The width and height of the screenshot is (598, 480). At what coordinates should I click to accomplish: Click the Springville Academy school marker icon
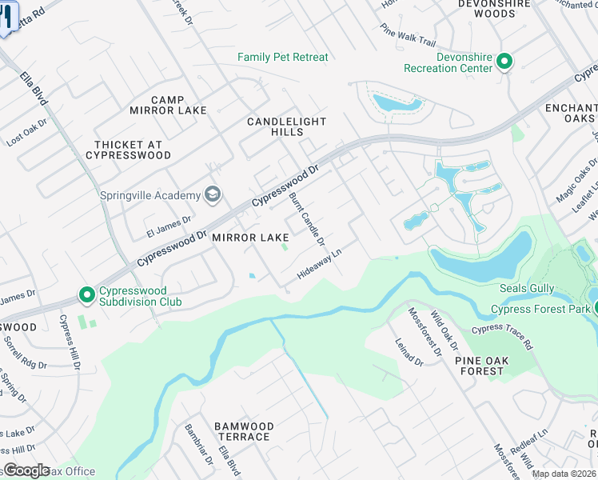point(213,194)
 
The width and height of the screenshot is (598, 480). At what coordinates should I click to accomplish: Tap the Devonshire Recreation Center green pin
point(504,61)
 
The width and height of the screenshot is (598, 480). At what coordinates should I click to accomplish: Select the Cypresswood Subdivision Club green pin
point(87,295)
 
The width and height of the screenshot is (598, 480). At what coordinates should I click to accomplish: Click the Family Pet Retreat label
point(283,58)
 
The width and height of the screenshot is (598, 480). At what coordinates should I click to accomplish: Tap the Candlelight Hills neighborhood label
point(287,126)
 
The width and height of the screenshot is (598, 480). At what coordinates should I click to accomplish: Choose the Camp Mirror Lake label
point(179,105)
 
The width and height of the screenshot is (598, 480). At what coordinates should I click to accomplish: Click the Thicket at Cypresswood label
point(133,150)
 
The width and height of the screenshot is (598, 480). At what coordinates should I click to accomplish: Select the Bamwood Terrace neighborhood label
point(244,431)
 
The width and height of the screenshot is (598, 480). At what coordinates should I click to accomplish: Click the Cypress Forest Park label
point(540,309)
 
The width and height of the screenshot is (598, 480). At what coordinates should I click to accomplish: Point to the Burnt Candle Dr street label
point(306,218)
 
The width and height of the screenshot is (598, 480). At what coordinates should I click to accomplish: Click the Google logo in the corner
point(26,470)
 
